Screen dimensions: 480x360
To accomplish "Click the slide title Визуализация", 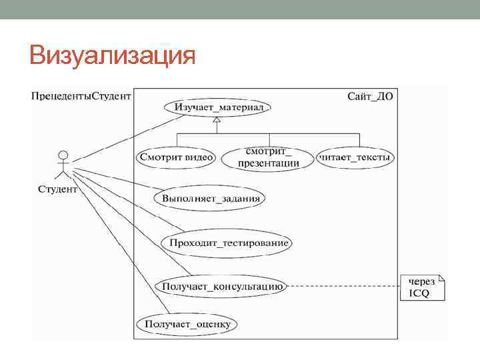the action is tap(112, 55).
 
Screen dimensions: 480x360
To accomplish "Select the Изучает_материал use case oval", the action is tap(218, 107).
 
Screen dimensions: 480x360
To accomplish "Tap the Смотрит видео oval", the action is tap(177, 157).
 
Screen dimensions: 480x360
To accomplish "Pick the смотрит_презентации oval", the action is tap(268, 157).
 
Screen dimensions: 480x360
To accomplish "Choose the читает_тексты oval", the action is tap(355, 157).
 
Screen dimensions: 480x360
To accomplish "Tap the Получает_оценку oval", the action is tap(186, 325).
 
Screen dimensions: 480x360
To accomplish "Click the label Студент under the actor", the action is tap(57, 189).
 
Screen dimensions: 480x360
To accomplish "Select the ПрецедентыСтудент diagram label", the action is tap(81, 96).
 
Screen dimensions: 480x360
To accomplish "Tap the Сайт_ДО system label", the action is tap(370, 96).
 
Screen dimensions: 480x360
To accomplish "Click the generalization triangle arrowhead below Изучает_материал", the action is tap(216, 121).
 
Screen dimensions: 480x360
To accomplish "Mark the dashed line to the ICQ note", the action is tap(343, 287).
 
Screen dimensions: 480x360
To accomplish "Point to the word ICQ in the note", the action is tap(419, 293).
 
